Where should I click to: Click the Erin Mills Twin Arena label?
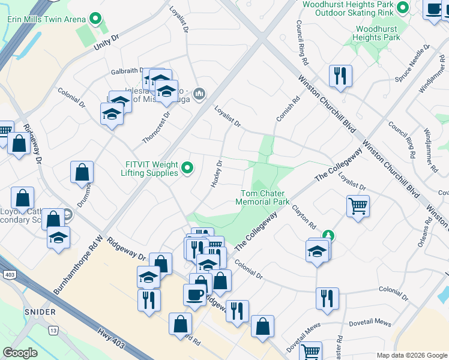click(46, 19)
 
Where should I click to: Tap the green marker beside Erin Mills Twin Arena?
click(95, 19)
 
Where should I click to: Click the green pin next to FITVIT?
click(187, 169)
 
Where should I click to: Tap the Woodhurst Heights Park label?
click(378, 33)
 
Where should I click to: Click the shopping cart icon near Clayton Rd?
click(358, 206)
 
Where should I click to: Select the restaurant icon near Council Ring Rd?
click(340, 75)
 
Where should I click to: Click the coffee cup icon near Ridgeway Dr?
click(194, 295)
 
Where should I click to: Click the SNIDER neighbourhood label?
click(40, 312)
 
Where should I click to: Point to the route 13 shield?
click(53, 330)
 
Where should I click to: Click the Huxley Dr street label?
click(217, 173)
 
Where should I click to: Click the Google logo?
click(20, 353)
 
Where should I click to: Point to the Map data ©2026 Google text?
click(411, 355)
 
